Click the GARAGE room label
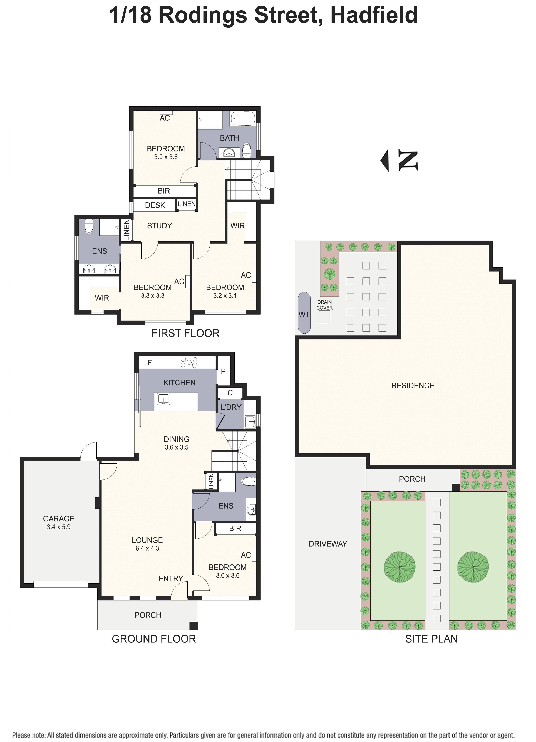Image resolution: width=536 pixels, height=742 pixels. click(x=59, y=519)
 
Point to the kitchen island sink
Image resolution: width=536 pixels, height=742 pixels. click(x=163, y=399)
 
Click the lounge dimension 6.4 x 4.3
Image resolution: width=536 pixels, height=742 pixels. click(x=147, y=548)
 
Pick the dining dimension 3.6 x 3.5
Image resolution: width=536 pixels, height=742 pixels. click(x=176, y=447)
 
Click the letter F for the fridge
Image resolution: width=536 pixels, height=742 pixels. click(x=149, y=363)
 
